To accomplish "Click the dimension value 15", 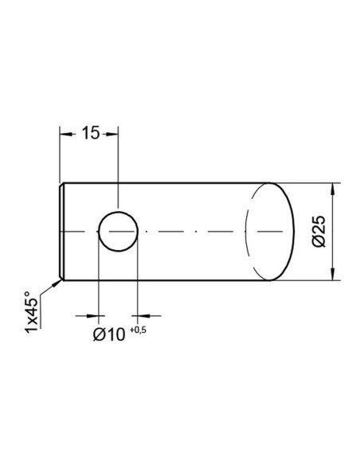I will click(x=89, y=133).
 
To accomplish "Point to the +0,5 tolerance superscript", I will click(x=139, y=328).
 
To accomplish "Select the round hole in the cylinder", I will click(x=117, y=232).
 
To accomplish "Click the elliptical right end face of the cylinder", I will click(x=271, y=232).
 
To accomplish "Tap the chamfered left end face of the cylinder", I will click(x=62, y=232).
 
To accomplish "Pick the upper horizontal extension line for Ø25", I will click(x=311, y=183).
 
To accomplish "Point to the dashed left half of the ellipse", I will click(x=246, y=232).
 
